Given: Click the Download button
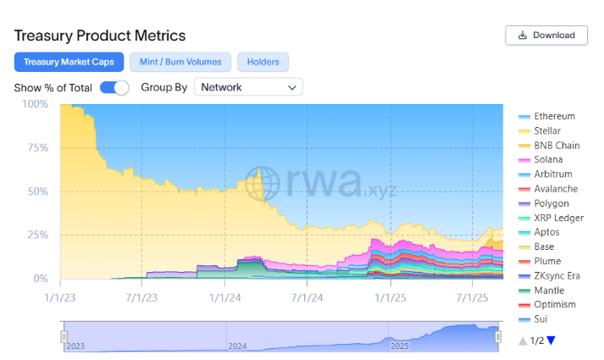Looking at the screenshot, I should point(546,35).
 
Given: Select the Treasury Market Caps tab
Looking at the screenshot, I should point(69,62).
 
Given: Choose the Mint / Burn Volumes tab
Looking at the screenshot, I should point(180,62).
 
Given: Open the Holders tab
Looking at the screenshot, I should point(263,62).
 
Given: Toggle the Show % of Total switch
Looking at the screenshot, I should point(114,87).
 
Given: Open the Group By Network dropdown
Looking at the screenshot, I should point(248,87).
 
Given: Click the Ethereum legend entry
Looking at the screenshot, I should point(554,116).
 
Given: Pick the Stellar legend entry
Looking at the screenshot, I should point(547,130).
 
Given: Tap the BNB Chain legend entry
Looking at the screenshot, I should point(557,146).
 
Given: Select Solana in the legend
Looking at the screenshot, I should point(548,160).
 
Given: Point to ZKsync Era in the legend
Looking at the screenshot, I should point(557,276).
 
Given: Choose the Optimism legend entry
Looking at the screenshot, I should point(555,305).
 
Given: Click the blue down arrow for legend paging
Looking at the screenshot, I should point(551,341).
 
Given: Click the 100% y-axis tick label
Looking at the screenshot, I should point(36,104).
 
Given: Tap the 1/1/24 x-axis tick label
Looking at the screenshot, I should point(224,297).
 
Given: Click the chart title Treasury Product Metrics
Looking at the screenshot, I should point(100,36).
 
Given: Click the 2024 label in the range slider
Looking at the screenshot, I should point(238,346).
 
